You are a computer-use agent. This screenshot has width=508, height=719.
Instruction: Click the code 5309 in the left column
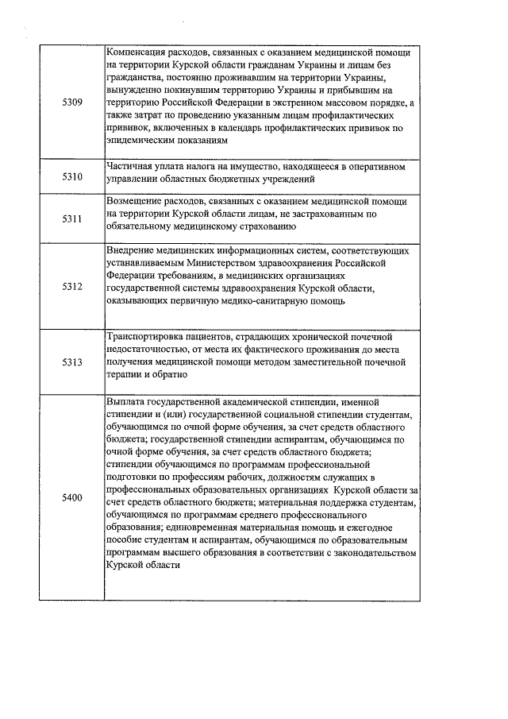[x=71, y=104]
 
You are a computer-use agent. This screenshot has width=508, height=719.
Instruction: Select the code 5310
[x=71, y=176]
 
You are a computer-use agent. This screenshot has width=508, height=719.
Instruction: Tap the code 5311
[x=71, y=219]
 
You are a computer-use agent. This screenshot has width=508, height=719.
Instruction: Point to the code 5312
[x=71, y=286]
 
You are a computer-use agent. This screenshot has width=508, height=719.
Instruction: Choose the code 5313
[x=71, y=361]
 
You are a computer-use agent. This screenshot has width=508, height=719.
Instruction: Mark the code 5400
[x=71, y=498]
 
